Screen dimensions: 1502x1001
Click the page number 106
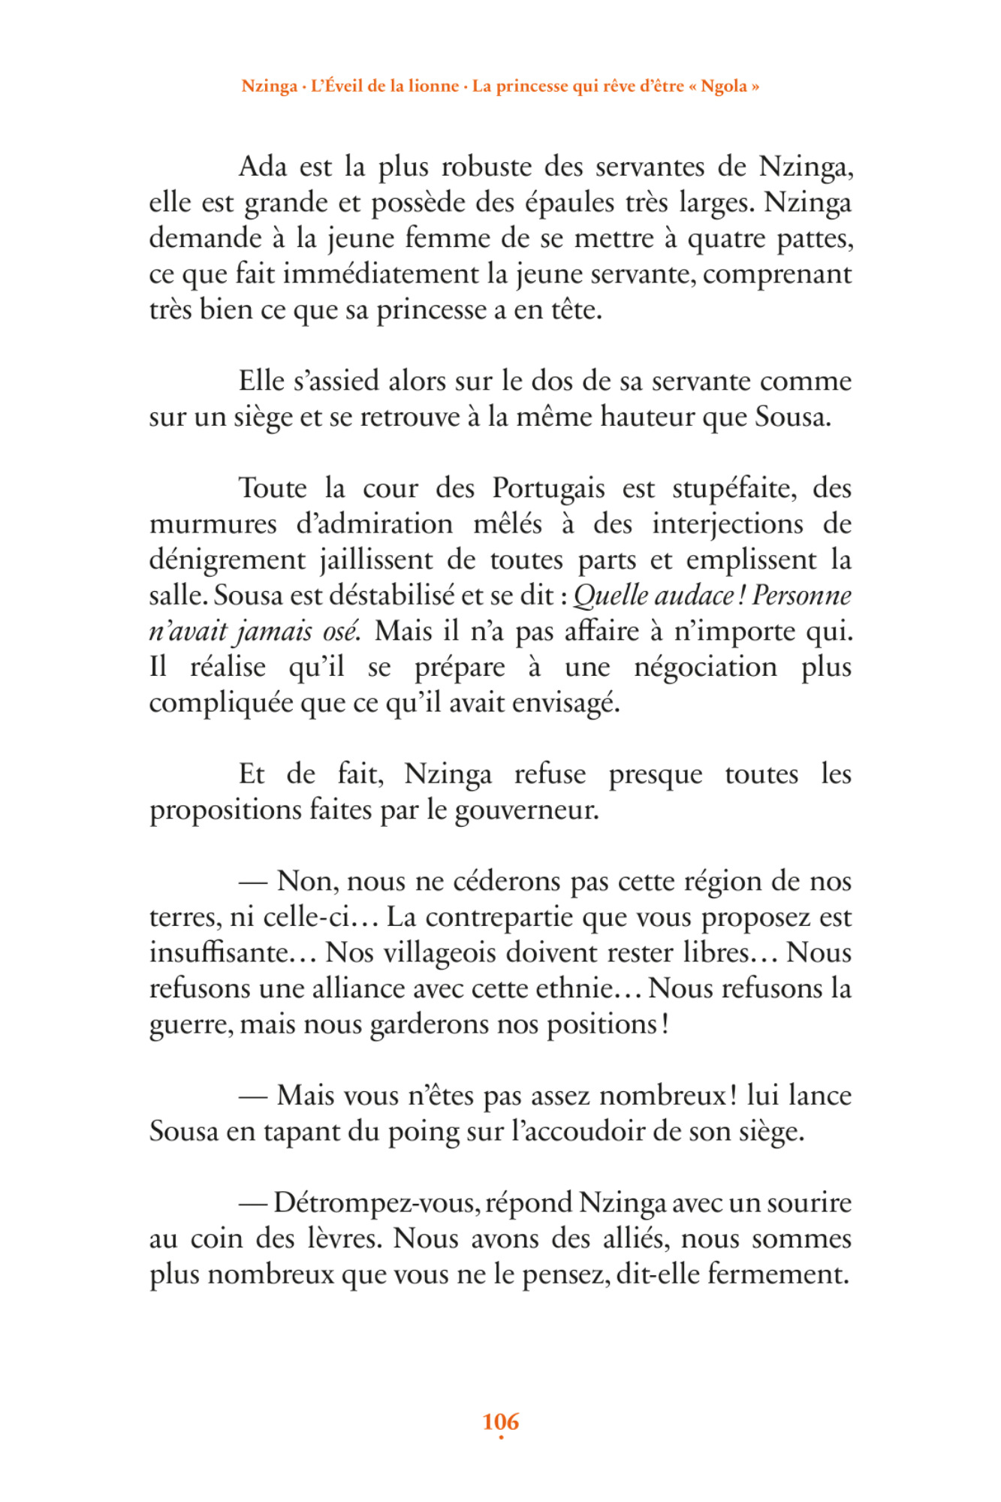500,1421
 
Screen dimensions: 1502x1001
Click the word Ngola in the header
724,86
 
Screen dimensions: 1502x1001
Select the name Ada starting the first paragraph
263,166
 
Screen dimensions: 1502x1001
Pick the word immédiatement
382,273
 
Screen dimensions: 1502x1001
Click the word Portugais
548,488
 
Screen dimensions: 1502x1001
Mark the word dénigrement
227,559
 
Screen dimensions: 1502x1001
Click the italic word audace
695,596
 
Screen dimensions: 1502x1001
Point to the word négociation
705,667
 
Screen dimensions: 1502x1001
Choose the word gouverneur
526,810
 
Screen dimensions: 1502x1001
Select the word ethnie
574,988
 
